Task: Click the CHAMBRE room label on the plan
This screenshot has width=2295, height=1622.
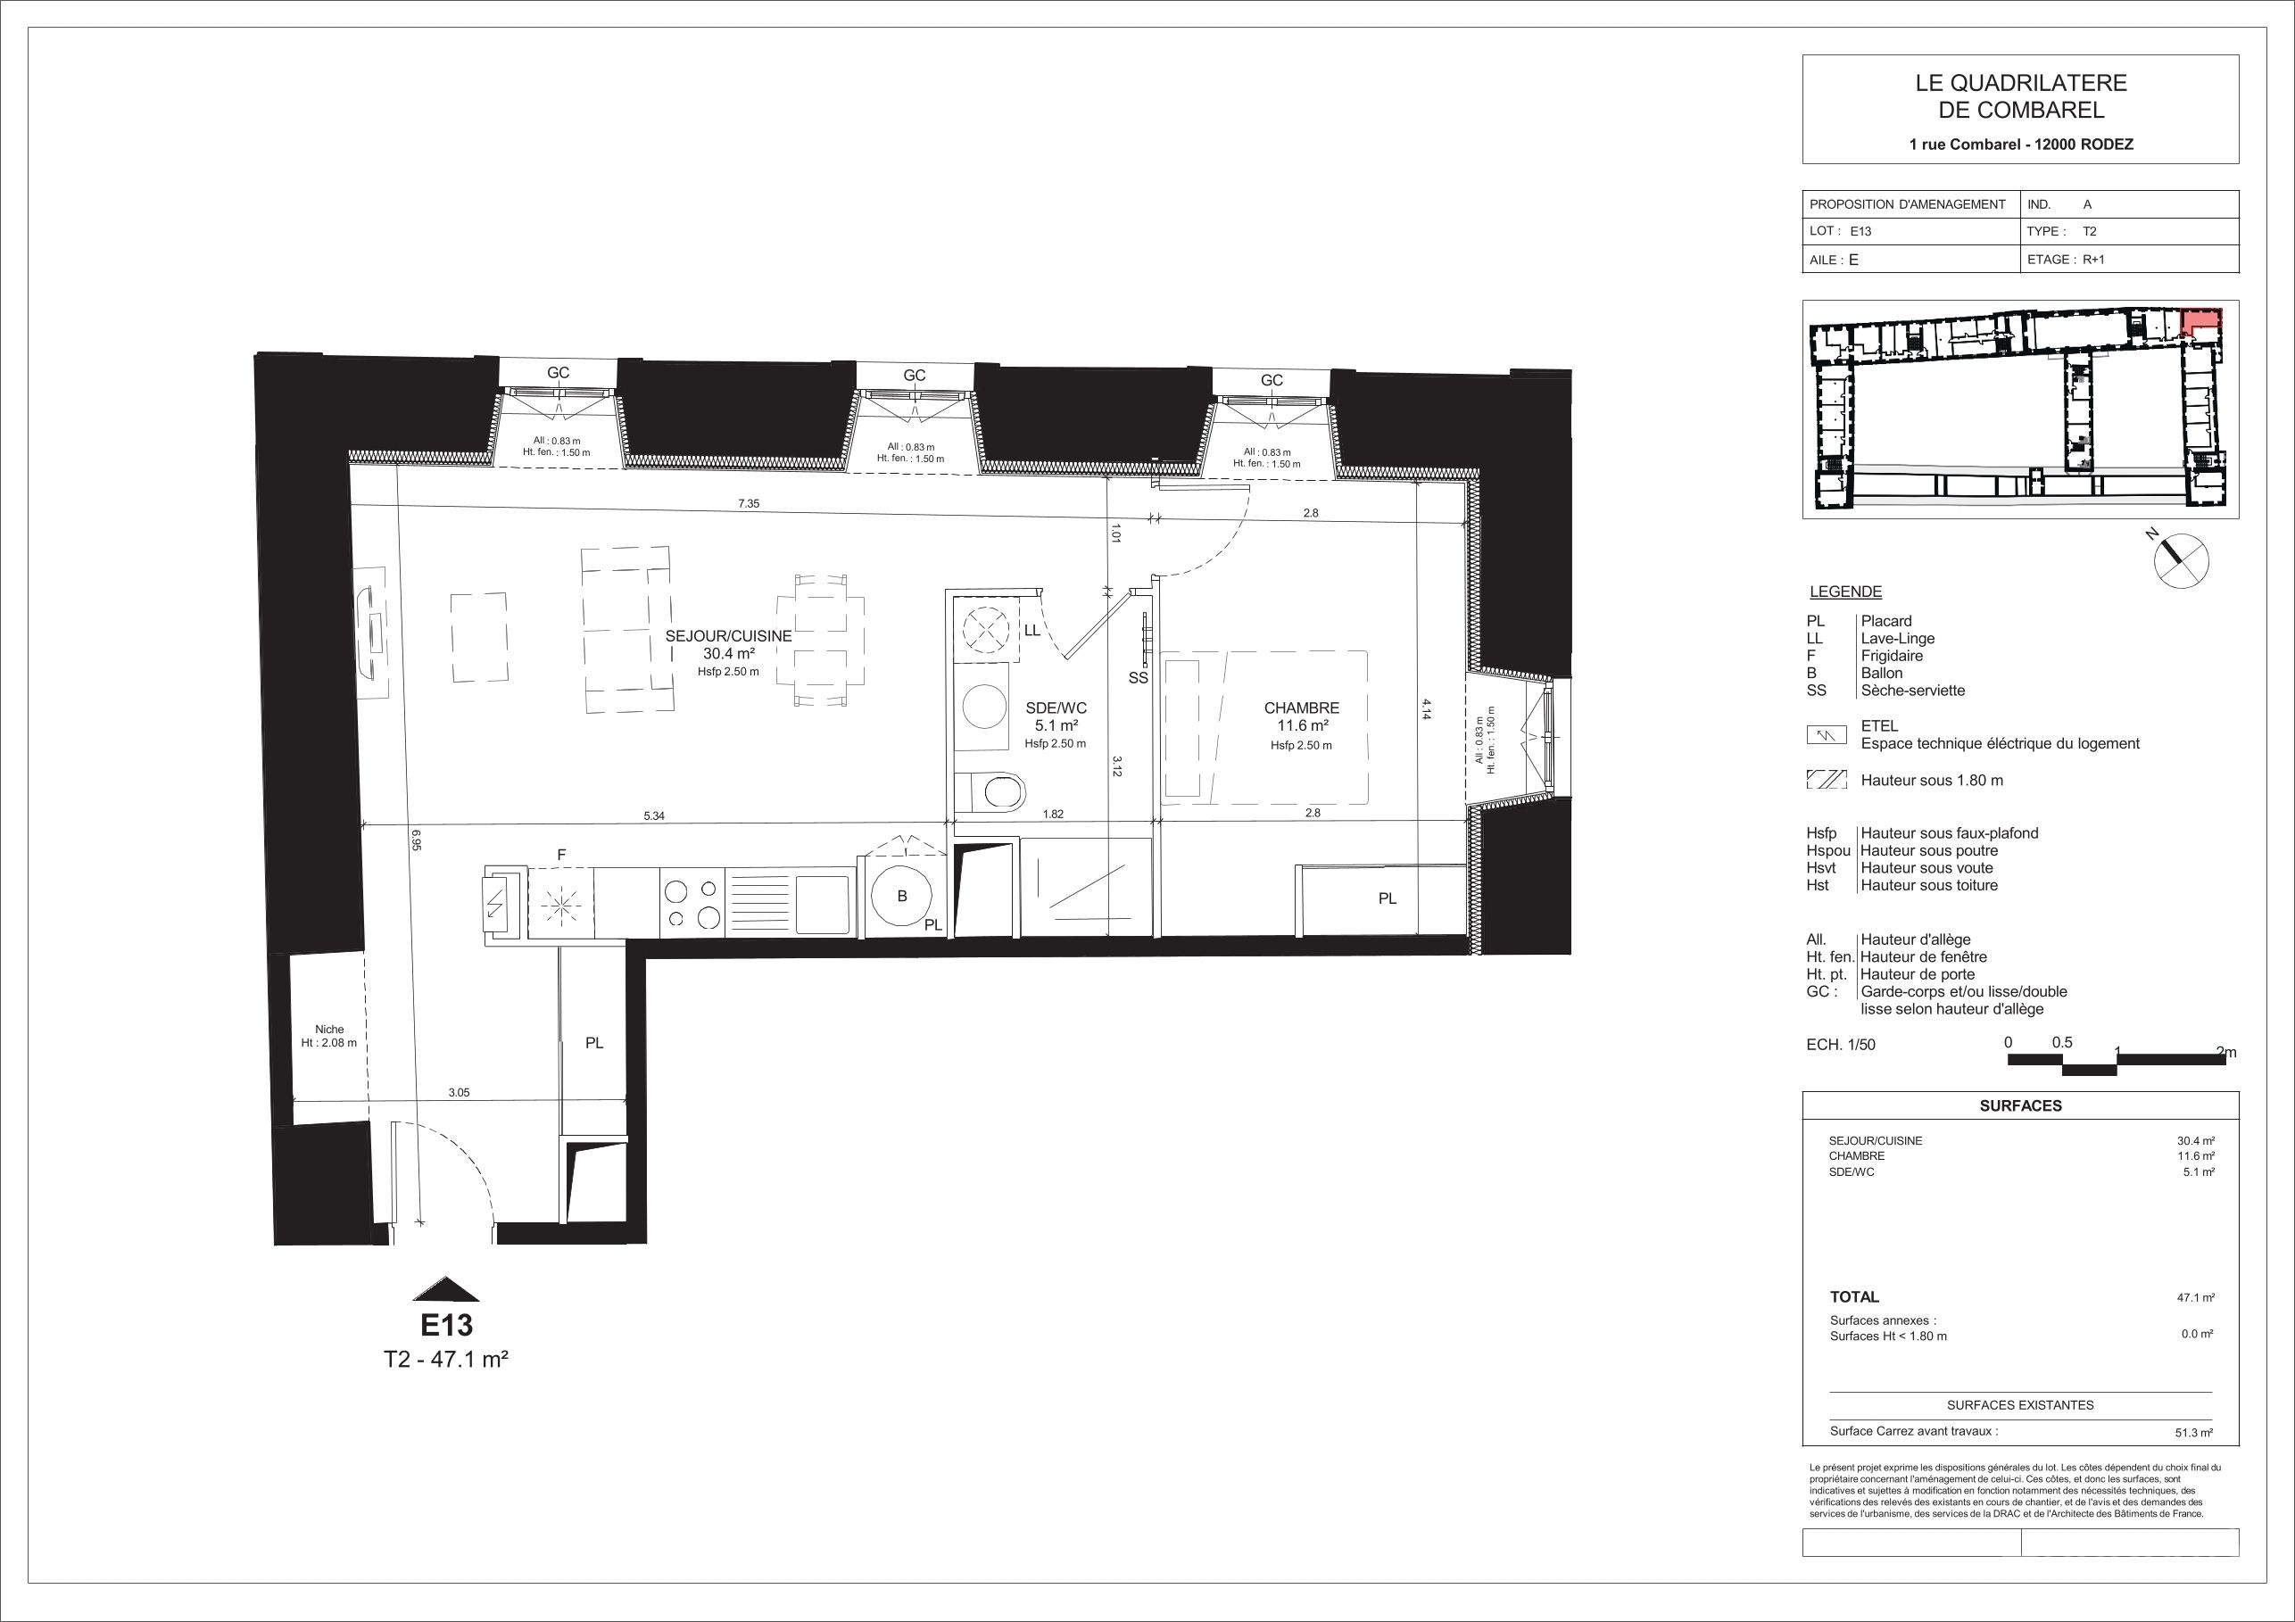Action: tap(1302, 708)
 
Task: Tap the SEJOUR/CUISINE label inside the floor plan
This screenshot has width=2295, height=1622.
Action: tap(729, 635)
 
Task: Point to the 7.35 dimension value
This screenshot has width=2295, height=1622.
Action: tap(749, 504)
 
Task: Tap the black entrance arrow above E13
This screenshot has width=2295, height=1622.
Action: tap(446, 1289)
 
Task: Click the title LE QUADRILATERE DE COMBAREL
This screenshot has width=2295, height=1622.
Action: tap(2020, 97)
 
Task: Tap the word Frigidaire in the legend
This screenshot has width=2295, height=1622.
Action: tap(1893, 656)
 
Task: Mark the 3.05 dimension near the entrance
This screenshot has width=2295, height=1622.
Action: tap(459, 1092)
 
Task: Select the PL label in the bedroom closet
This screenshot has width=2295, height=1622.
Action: tap(1388, 898)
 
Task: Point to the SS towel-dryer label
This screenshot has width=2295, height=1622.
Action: tap(1138, 677)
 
